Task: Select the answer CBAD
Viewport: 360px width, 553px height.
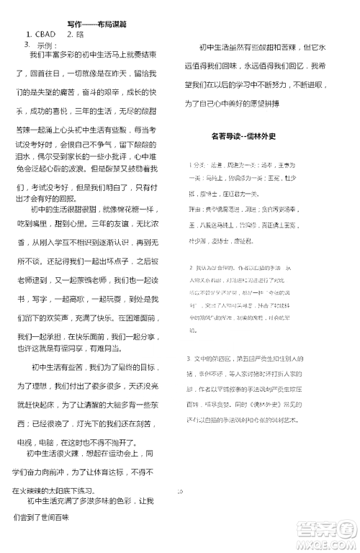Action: pyautogui.click(x=41, y=34)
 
